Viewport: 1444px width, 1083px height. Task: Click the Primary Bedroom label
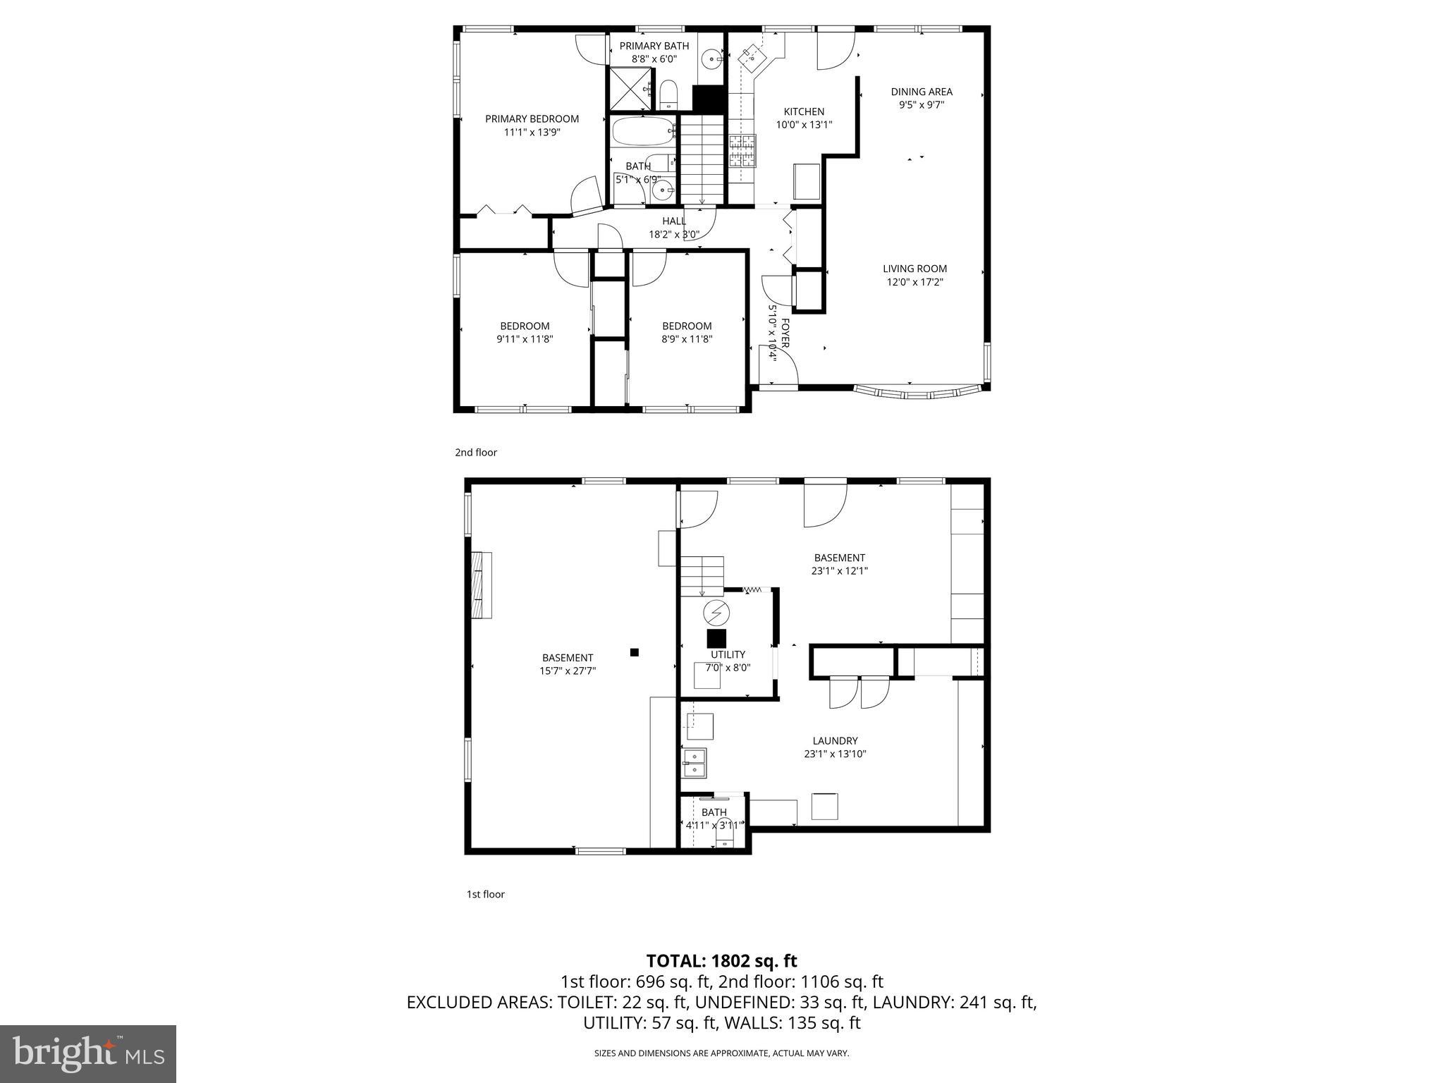tap(532, 118)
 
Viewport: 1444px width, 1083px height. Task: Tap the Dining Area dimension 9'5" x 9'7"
tap(921, 104)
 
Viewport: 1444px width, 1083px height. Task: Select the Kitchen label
tap(804, 111)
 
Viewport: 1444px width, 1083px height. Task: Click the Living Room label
tap(914, 269)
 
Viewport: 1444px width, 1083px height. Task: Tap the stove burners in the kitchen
tap(742, 150)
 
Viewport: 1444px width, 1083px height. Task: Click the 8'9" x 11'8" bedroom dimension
tap(686, 338)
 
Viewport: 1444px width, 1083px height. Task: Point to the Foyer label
tap(785, 332)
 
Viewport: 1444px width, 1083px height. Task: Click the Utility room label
tap(728, 654)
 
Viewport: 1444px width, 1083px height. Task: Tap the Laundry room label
tap(835, 740)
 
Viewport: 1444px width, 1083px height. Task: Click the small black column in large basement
tap(634, 652)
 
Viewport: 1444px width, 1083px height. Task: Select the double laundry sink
tap(694, 764)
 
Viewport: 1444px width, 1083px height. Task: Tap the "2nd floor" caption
tap(476, 453)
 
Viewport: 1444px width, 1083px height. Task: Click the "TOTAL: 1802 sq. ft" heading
tap(721, 960)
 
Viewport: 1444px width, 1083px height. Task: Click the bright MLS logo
tap(88, 1054)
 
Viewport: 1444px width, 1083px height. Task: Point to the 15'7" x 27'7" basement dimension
tap(568, 671)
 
